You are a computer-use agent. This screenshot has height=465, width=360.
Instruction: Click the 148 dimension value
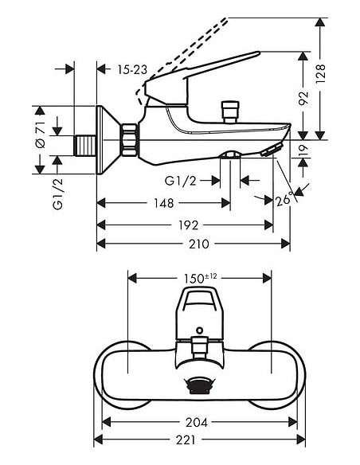coord(162,204)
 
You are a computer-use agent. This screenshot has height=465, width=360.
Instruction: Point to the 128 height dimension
coord(340,74)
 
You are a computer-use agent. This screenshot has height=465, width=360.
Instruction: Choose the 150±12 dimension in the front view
coord(199,278)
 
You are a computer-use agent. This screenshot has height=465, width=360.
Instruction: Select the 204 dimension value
coord(196,422)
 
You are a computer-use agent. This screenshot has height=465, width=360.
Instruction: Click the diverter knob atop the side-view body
coord(231,110)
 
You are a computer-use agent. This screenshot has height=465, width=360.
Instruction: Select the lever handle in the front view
coord(198,307)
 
